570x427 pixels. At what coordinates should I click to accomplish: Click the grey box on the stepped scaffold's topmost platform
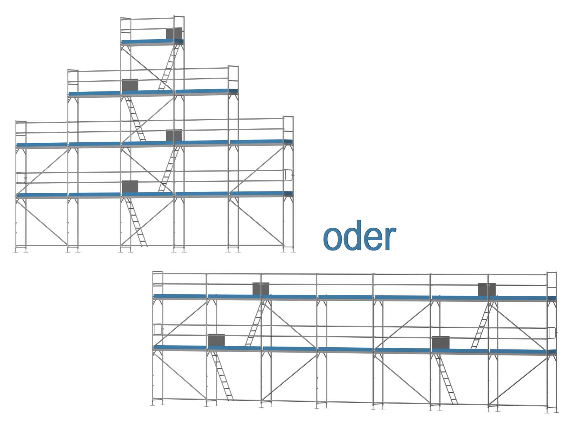[174, 33]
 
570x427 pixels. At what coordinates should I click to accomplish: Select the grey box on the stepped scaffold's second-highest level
[130, 85]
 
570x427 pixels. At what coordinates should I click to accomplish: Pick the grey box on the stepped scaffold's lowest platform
[130, 186]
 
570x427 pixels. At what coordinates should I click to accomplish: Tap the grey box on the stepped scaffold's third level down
[174, 135]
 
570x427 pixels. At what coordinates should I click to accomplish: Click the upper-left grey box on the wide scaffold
[261, 288]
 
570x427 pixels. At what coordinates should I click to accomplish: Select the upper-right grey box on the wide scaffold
[487, 289]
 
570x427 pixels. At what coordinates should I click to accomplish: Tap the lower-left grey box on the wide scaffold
[216, 340]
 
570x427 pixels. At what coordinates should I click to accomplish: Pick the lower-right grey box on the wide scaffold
[441, 342]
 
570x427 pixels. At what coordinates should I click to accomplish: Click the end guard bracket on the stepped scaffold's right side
[289, 175]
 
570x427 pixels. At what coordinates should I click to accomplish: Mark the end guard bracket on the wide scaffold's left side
[157, 329]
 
